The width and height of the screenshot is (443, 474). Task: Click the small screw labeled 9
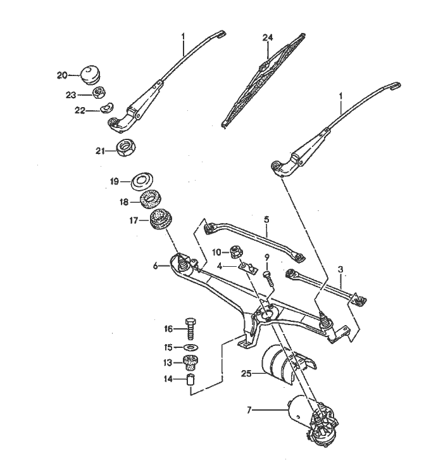[267, 278]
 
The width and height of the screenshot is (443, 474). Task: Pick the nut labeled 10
[233, 252]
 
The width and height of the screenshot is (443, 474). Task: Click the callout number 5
[267, 219]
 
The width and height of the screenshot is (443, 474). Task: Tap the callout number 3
[340, 269]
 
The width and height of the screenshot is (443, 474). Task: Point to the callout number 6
[156, 267]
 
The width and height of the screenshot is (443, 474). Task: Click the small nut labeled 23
[99, 93]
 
